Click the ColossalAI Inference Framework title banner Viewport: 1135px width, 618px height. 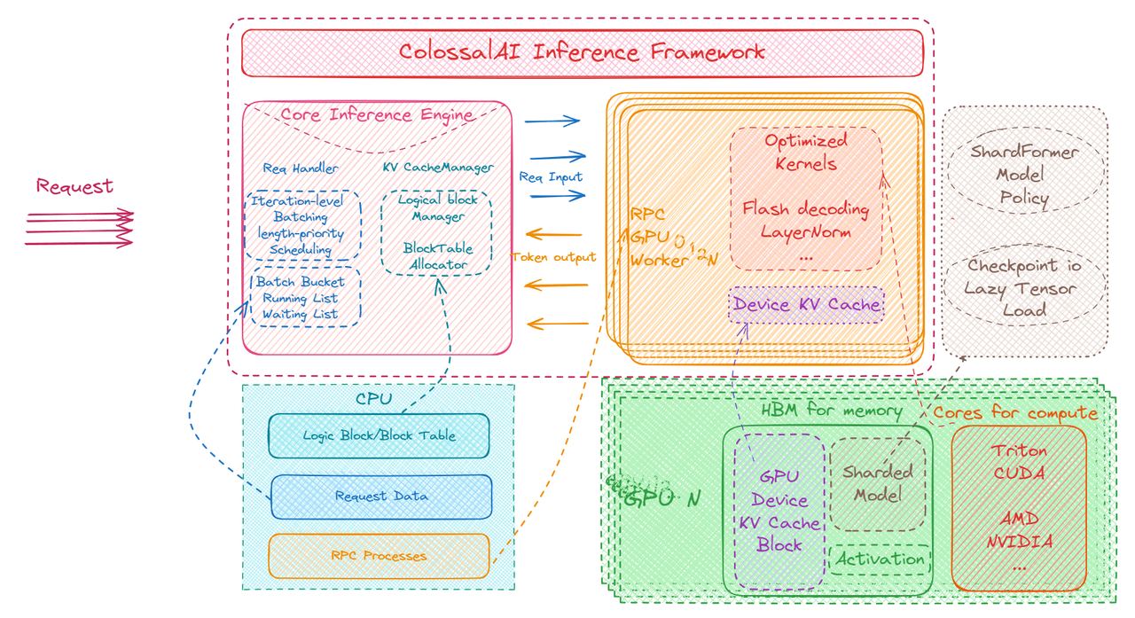pyautogui.click(x=582, y=52)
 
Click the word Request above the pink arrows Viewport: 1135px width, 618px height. pyautogui.click(x=74, y=187)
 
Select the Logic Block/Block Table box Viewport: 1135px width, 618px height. pyautogui.click(x=379, y=435)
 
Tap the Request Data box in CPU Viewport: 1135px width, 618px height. pyautogui.click(x=381, y=497)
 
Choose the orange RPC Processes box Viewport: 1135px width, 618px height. pyautogui.click(x=379, y=556)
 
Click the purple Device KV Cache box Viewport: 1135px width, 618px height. pyautogui.click(x=806, y=305)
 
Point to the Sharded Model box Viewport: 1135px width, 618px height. pyautogui.click(x=877, y=484)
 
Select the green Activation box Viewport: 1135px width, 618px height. pyautogui.click(x=880, y=559)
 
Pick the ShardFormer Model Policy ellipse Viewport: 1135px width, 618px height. pyautogui.click(x=1023, y=175)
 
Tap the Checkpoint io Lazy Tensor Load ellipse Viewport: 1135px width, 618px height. pyautogui.click(x=1023, y=287)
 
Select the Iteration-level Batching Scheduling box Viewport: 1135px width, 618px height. pyautogui.click(x=301, y=225)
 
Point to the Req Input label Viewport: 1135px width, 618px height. pyautogui.click(x=551, y=176)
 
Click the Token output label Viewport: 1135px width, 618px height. pyautogui.click(x=553, y=258)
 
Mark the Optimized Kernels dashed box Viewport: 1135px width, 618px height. pyautogui.click(x=805, y=198)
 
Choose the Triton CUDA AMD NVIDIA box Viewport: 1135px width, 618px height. pyautogui.click(x=1019, y=508)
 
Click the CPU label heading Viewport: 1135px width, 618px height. pyautogui.click(x=372, y=399)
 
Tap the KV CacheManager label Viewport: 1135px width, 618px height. pyautogui.click(x=438, y=167)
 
